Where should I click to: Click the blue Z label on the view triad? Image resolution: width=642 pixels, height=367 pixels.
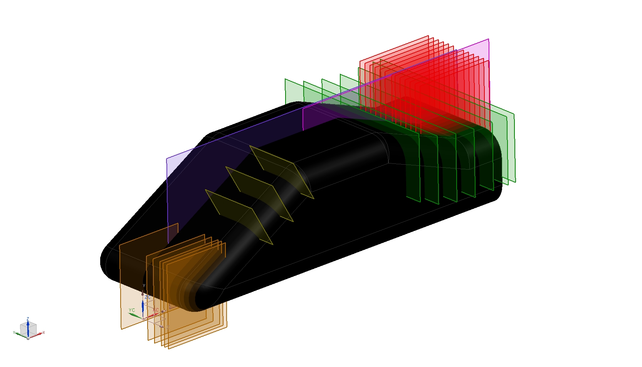pyautogui.click(x=28, y=319)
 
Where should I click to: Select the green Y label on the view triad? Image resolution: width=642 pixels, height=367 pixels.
pyautogui.click(x=14, y=333)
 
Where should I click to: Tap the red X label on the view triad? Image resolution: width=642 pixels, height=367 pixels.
pyautogui.click(x=44, y=333)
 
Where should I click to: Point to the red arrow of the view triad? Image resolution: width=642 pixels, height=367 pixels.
pyautogui.click(x=37, y=335)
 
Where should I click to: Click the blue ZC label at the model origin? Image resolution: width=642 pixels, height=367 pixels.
pyautogui.click(x=148, y=297)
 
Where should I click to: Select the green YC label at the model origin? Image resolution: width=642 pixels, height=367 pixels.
pyautogui.click(x=132, y=310)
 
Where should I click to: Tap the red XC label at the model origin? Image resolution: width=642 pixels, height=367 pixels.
pyautogui.click(x=156, y=310)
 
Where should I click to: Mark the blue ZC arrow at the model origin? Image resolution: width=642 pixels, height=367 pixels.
pyautogui.click(x=143, y=307)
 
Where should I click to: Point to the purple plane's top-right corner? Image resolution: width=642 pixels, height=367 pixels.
pyautogui.click(x=489, y=39)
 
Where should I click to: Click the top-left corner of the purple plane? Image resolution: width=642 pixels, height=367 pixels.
pyautogui.click(x=167, y=158)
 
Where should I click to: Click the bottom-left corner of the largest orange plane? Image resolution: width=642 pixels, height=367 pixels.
pyautogui.click(x=121, y=328)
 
